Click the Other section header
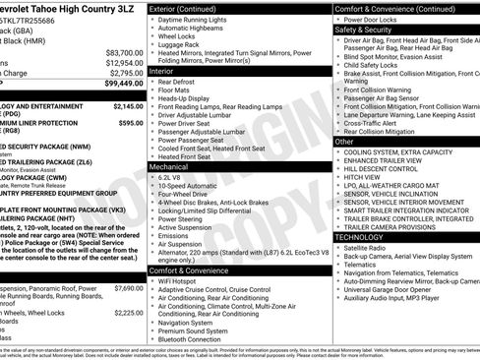pyautogui.click(x=344, y=142)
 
